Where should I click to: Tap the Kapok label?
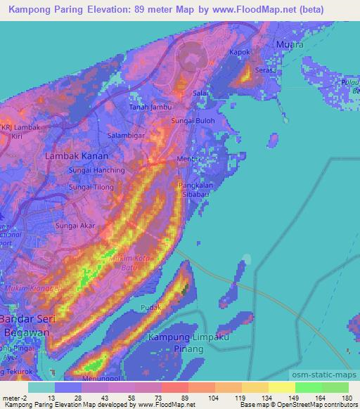pyautogui.click(x=240, y=53)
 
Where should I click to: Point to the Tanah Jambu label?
pyautogui.click(x=148, y=107)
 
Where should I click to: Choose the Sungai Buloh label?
pyautogui.click(x=193, y=121)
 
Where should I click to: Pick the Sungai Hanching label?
pyautogui.click(x=96, y=170)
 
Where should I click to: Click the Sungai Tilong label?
pyautogui.click(x=91, y=187)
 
